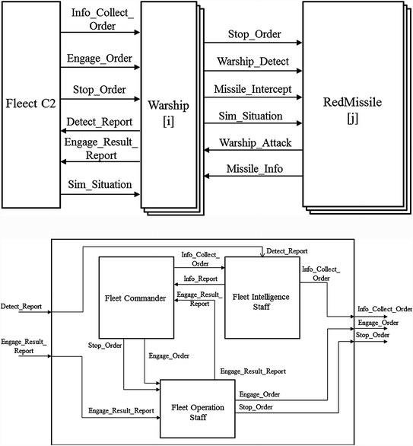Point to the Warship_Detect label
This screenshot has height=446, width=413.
coord(254,61)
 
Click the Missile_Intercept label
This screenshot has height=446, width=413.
coord(254,88)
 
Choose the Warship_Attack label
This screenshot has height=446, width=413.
coord(254,142)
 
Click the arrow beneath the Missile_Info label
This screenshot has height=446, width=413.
coord(254,177)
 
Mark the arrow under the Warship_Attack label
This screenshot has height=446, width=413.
coord(254,151)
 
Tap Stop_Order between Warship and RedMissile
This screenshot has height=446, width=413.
coord(254,34)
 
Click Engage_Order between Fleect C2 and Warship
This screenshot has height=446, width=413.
coord(100,59)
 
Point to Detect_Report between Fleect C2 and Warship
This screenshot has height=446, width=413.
coord(100,123)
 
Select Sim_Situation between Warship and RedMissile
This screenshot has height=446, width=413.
coord(254,116)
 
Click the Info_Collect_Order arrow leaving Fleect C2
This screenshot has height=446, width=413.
coord(100,33)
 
